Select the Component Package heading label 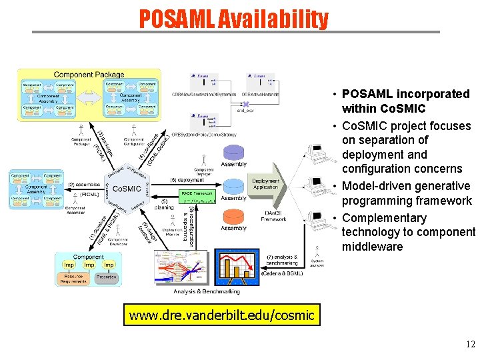point(88,75)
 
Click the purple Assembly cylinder point(233,150)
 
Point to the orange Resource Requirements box point(74,279)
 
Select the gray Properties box point(105,277)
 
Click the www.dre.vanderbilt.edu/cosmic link point(221,315)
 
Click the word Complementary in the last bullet point(384,218)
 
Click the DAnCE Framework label point(273,215)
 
